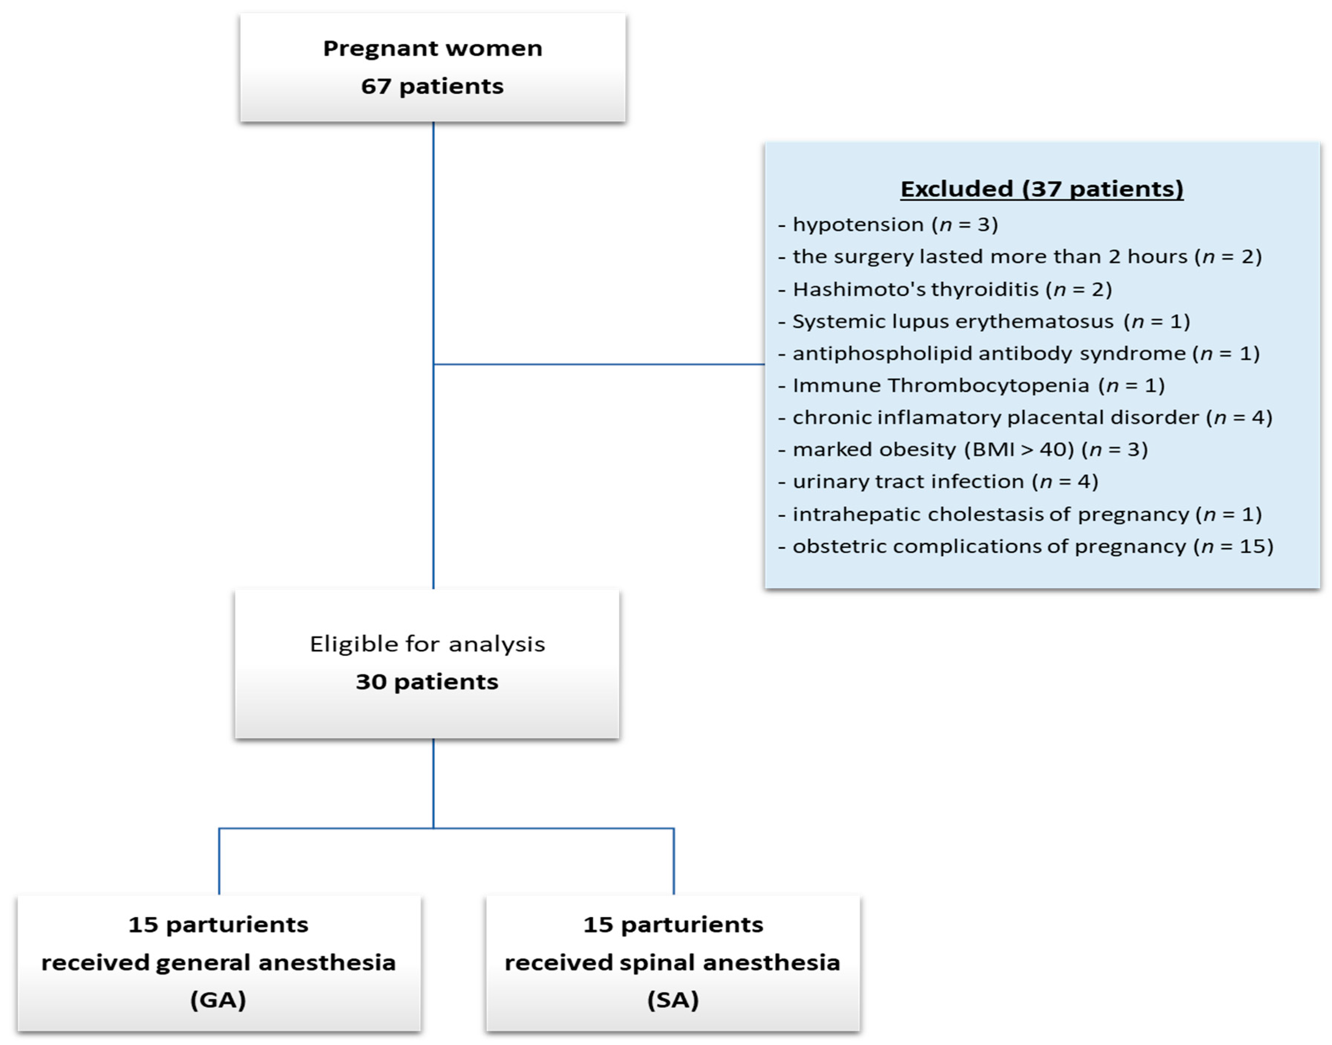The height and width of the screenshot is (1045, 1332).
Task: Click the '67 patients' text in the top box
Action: (432, 86)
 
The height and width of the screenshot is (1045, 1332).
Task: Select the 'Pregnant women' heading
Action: (432, 48)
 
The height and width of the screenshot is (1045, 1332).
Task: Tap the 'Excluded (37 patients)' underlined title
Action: (1041, 189)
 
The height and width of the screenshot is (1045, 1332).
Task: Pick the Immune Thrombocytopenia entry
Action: (971, 385)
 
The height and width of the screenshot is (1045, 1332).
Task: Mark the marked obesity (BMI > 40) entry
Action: (963, 450)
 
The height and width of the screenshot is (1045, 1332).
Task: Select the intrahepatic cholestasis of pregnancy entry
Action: (1020, 514)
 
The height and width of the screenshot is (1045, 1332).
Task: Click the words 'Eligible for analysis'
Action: (427, 644)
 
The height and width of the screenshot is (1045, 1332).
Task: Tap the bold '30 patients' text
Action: (427, 682)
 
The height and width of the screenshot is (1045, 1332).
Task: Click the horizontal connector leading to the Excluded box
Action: (600, 365)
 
